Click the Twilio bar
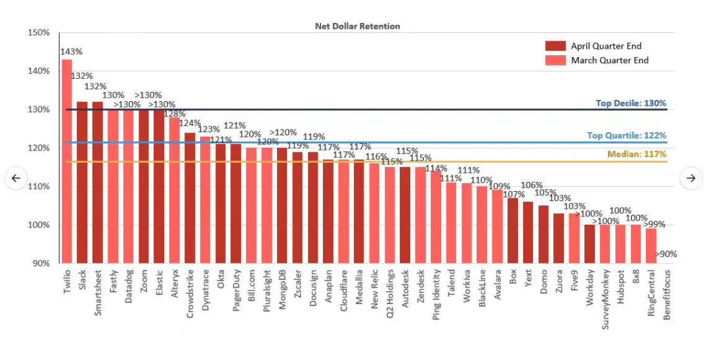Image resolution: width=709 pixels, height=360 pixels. (x=67, y=161)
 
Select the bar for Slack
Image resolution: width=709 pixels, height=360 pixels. (x=82, y=182)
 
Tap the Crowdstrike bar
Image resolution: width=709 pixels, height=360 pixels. (x=190, y=198)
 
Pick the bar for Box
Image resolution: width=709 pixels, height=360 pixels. (x=513, y=230)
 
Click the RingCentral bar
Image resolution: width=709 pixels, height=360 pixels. (x=651, y=245)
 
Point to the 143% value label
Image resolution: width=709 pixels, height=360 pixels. (x=72, y=51)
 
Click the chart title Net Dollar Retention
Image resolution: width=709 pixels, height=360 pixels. (x=357, y=26)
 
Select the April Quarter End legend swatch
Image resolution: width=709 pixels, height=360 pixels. (x=555, y=46)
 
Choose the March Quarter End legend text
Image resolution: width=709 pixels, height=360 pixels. (x=610, y=60)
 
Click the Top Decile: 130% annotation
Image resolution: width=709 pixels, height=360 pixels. (x=631, y=103)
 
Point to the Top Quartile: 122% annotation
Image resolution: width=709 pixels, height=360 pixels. (x=626, y=135)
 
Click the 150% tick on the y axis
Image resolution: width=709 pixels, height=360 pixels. (x=39, y=33)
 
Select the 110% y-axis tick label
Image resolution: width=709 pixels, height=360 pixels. (x=39, y=187)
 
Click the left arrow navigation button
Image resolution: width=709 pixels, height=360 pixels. (x=16, y=178)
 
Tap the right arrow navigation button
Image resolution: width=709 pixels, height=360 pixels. (x=691, y=178)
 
